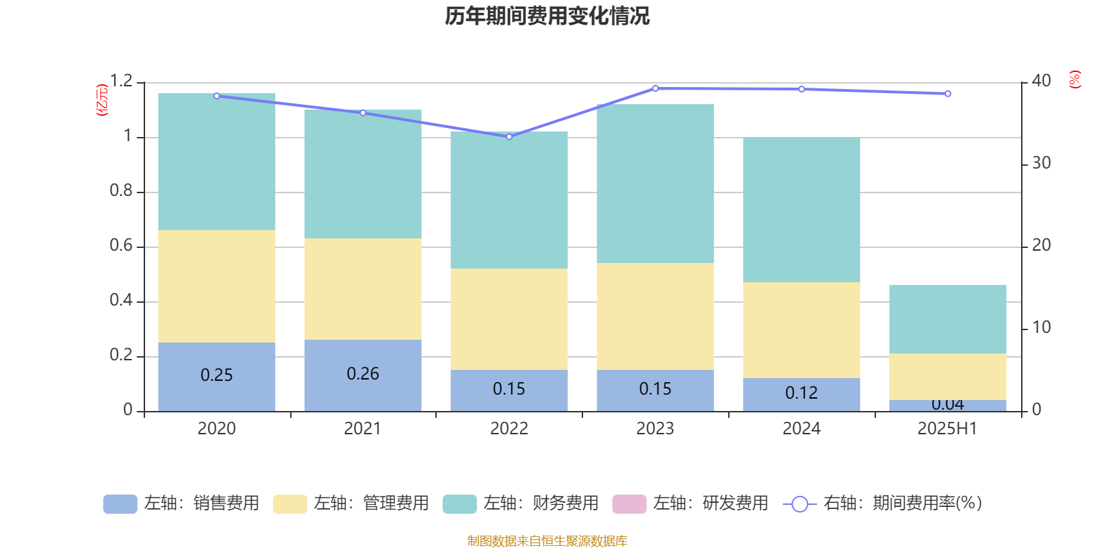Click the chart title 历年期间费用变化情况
(x=547, y=16)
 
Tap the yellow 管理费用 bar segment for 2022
(x=508, y=319)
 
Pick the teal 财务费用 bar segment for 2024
(x=801, y=210)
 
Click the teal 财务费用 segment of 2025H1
(x=947, y=319)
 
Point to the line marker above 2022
(x=508, y=137)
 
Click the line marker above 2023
(x=655, y=88)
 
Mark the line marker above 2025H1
(x=948, y=94)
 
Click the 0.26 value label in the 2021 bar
(x=363, y=374)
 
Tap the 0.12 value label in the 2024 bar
(x=801, y=393)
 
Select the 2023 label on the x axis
(x=655, y=429)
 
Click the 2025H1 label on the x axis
(x=947, y=429)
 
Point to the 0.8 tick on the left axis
(x=121, y=191)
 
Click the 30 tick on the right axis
(x=1041, y=164)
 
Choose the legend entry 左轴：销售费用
(x=181, y=503)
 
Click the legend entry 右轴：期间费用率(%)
(x=886, y=503)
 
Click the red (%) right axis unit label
(x=1074, y=79)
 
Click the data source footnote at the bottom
(x=547, y=541)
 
